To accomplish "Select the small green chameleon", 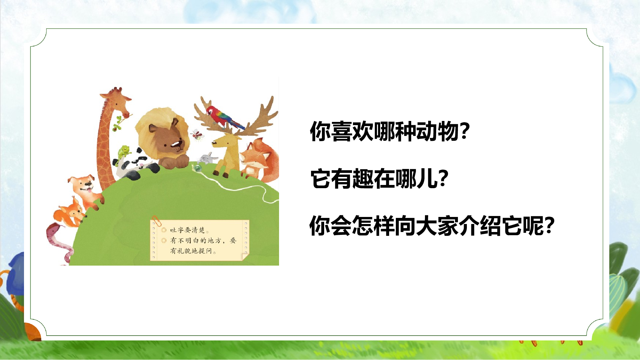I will tap(123, 152).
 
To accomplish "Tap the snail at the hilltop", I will tap(198, 167).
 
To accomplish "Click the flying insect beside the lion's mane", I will tap(197, 134).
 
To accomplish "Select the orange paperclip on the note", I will tap(156, 220).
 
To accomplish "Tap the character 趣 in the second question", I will tap(363, 179).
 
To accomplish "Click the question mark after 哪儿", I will tap(444, 179).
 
